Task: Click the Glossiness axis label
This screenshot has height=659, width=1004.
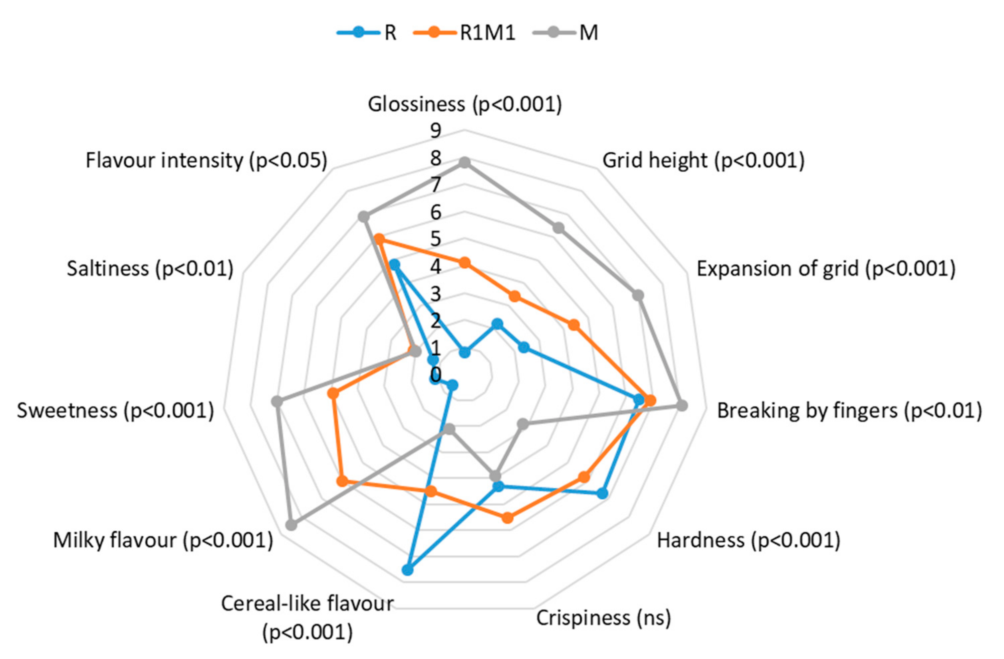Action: pos(465,104)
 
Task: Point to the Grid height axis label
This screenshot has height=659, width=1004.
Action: pos(703,161)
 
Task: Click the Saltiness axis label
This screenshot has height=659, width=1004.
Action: pos(150,269)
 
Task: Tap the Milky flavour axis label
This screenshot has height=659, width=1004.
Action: pos(163,540)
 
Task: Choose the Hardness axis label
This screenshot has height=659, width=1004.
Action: pos(748,540)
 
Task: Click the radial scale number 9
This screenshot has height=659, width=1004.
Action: pos(436,131)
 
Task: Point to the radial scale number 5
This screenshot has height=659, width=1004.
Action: pos(436,239)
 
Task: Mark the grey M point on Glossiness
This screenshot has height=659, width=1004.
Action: pos(465,162)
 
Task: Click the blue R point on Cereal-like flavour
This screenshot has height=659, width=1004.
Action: pos(407,570)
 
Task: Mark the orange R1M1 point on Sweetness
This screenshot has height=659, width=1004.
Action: pos(333,394)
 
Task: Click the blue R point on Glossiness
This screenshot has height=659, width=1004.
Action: pos(465,352)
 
